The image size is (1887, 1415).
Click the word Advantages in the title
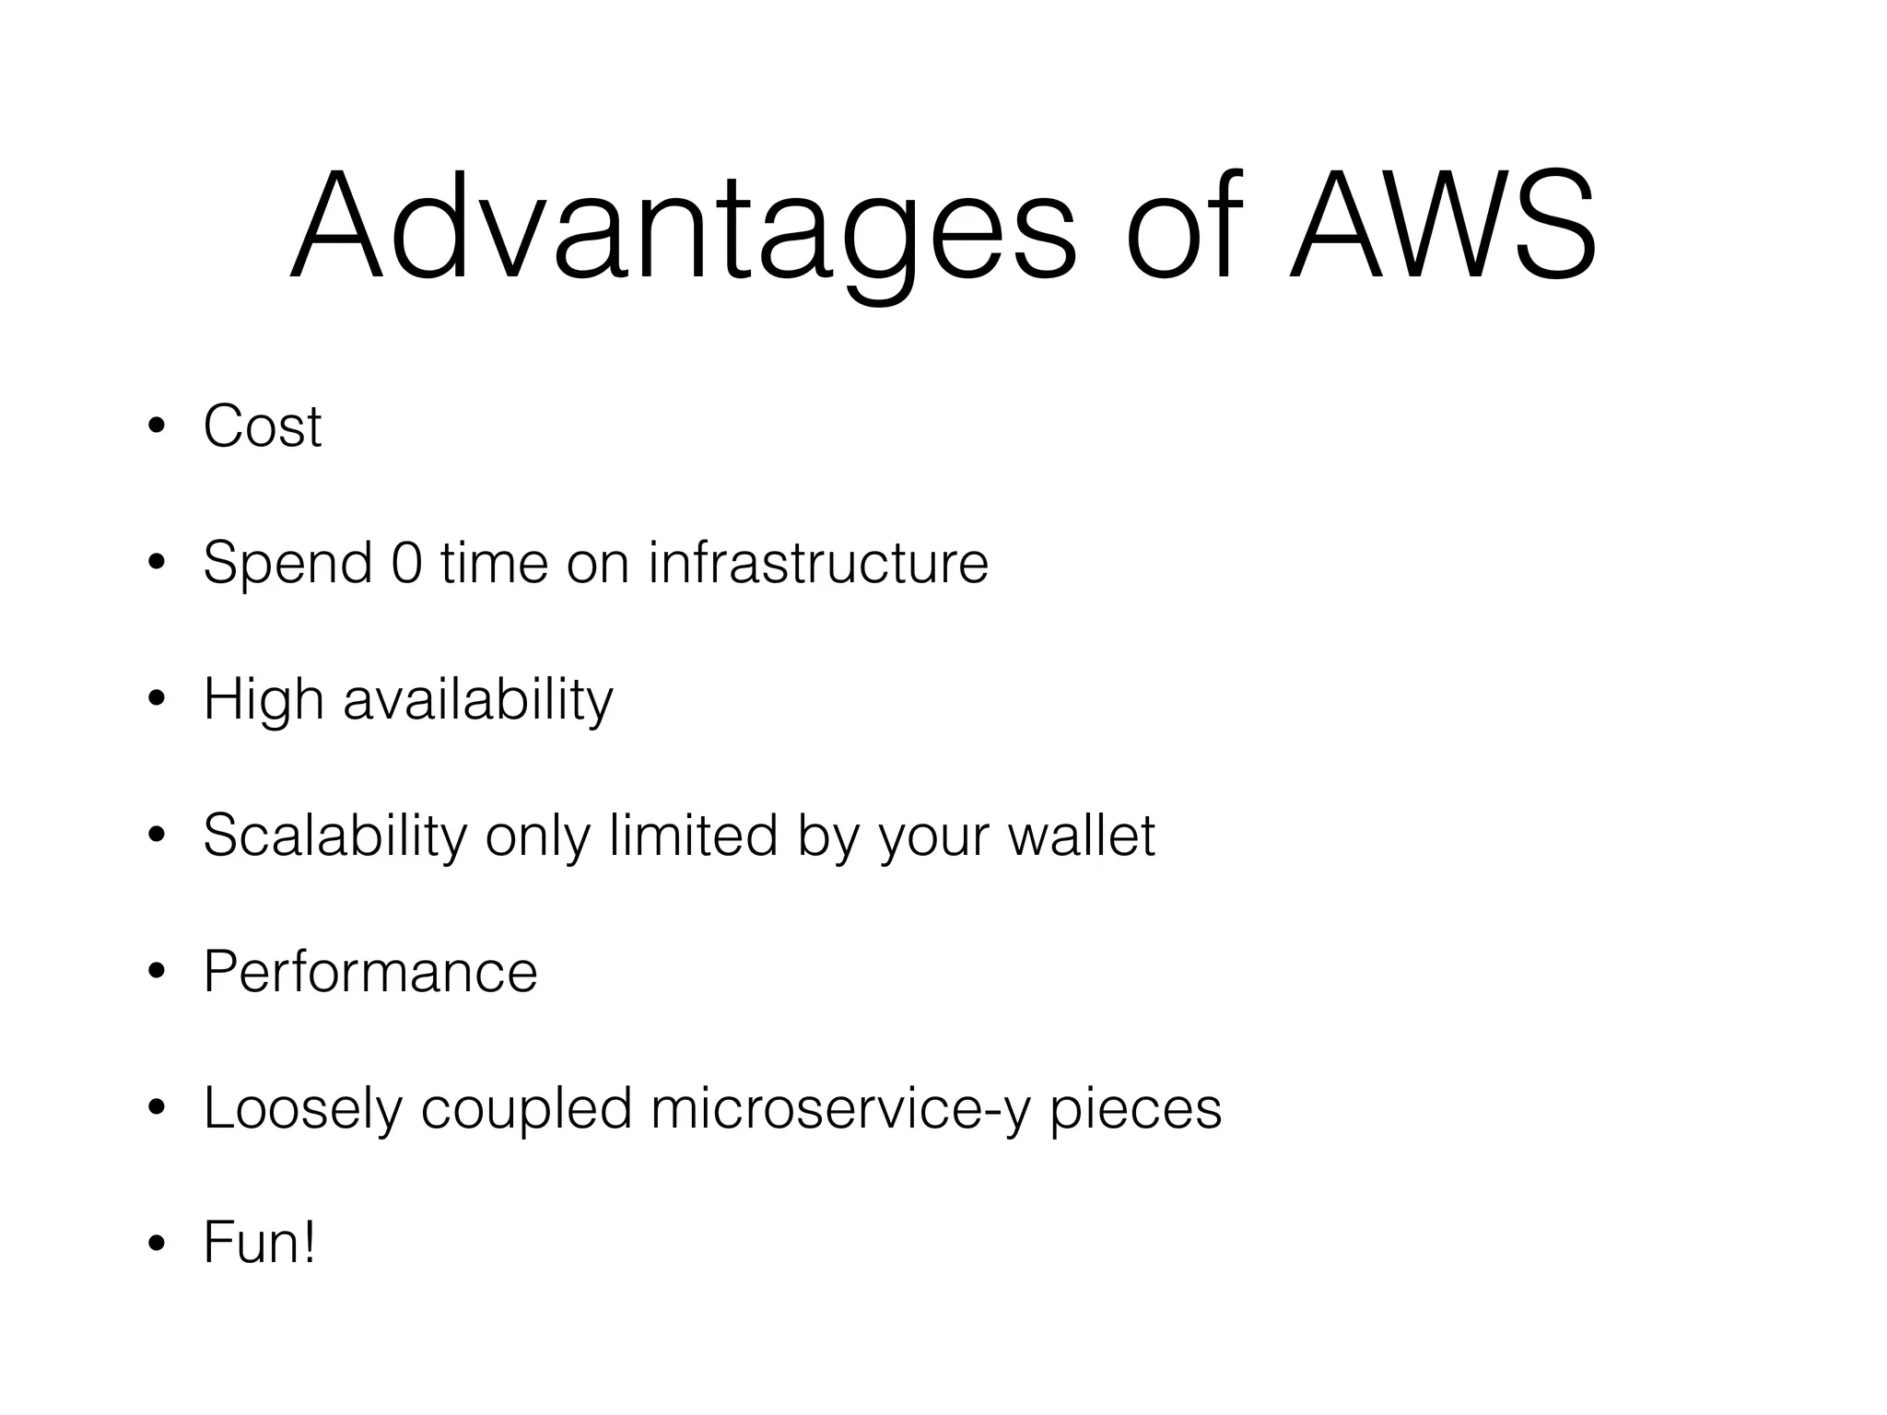683,226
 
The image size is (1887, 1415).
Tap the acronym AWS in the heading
1442,226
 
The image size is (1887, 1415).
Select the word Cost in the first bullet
263,427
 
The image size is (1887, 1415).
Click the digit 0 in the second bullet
406,562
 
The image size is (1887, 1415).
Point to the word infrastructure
818,562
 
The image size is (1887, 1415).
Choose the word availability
477,699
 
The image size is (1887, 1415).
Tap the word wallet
1082,836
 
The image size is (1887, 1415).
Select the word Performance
370,972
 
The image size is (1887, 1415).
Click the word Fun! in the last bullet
260,1243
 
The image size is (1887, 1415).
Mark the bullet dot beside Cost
157,427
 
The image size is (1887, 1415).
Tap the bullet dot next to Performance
157,973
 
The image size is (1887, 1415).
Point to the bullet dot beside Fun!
157,1245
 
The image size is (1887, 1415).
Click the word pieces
1135,1108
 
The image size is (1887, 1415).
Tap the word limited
694,836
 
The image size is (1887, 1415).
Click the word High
264,699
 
